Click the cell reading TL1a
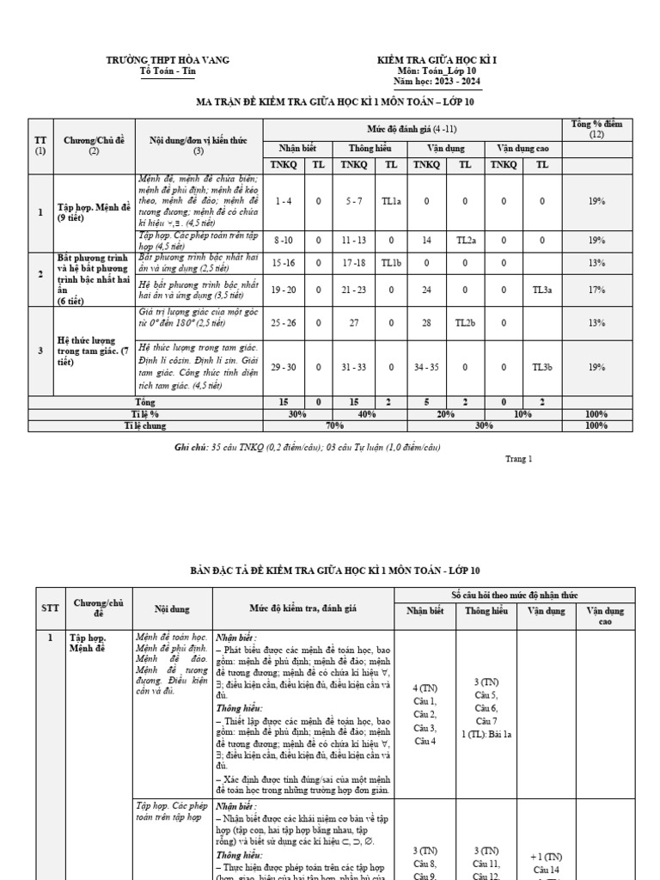pyautogui.click(x=391, y=200)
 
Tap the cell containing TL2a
pyautogui.click(x=465, y=241)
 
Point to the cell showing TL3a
pyautogui.click(x=541, y=290)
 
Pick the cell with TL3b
pyautogui.click(x=541, y=367)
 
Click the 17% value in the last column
pyautogui.click(x=596, y=290)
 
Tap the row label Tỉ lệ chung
pyautogui.click(x=144, y=425)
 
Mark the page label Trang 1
pyautogui.click(x=519, y=458)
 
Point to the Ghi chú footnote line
pyautogui.click(x=307, y=447)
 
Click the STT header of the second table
pyautogui.click(x=51, y=608)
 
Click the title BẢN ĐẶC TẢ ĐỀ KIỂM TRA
pyautogui.click(x=334, y=571)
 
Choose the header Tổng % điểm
pyautogui.click(x=596, y=129)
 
